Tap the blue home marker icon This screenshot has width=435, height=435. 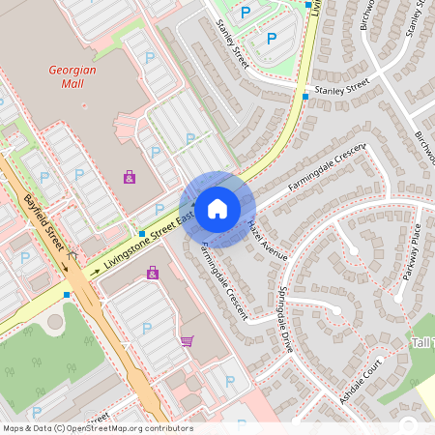pos(217,209)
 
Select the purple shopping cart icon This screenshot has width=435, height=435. pos(187,340)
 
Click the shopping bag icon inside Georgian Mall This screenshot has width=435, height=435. pos(130,176)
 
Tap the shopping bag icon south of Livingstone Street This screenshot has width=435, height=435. pos(153,274)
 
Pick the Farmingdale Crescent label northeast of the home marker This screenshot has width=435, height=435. pos(327,165)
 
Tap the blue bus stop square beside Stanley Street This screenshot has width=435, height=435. pos(305,97)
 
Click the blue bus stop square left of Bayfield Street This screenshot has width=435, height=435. pos(67,294)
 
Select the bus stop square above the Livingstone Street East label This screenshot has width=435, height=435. pos(141,234)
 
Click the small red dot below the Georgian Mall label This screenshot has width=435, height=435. pos(84,104)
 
